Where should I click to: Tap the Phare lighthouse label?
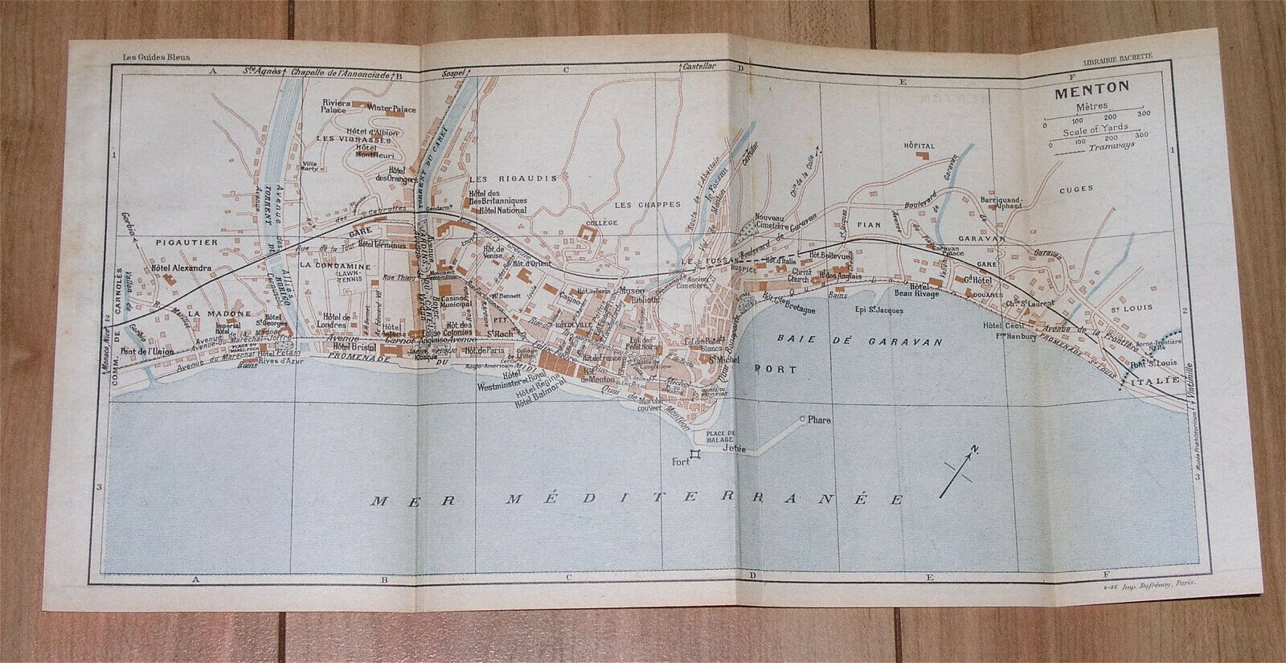coord(821,420)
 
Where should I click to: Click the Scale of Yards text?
coord(1096,128)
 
